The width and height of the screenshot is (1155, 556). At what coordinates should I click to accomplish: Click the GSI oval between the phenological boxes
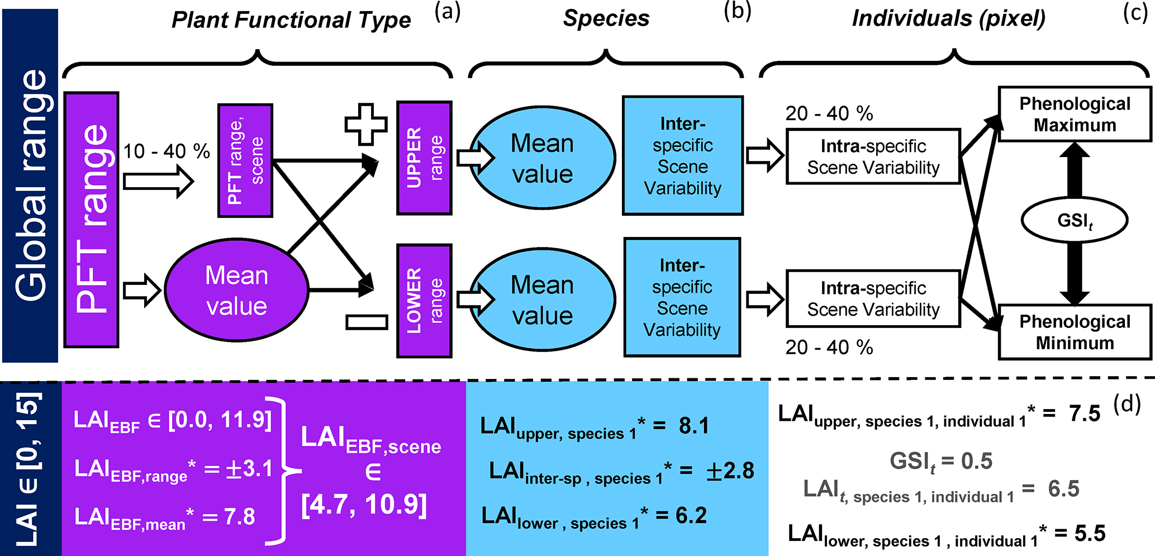pyautogui.click(x=1074, y=220)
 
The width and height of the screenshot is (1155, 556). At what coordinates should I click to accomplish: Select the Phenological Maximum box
pyautogui.click(x=1075, y=114)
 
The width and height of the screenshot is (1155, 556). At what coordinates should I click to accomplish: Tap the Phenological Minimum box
pyautogui.click(x=1075, y=332)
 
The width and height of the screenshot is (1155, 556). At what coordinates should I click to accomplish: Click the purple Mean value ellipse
pyautogui.click(x=236, y=291)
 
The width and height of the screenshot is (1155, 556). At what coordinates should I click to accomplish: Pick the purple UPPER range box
pyautogui.click(x=424, y=158)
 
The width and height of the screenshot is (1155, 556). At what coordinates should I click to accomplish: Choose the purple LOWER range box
pyautogui.click(x=424, y=301)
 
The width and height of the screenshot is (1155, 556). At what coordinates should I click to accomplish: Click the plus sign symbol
pyautogui.click(x=366, y=124)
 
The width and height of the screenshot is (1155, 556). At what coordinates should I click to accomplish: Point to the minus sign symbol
pyautogui.click(x=367, y=322)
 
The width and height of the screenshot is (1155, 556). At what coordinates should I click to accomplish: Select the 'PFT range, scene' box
pyautogui.click(x=245, y=160)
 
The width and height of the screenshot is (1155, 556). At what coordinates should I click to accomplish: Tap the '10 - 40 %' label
pyautogui.click(x=167, y=151)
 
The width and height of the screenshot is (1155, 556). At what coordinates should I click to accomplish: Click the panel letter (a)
pyautogui.click(x=448, y=12)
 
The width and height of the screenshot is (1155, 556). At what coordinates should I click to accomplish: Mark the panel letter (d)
pyautogui.click(x=1127, y=403)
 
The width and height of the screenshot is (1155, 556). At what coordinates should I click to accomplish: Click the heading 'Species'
pyautogui.click(x=606, y=18)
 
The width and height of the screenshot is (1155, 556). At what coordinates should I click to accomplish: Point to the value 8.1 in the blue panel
pyautogui.click(x=694, y=426)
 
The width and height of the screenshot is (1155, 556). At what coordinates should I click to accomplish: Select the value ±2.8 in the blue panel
pyautogui.click(x=730, y=471)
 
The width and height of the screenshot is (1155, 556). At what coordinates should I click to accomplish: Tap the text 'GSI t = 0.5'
pyautogui.click(x=941, y=461)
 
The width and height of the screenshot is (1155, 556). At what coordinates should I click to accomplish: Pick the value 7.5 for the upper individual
pyautogui.click(x=1085, y=414)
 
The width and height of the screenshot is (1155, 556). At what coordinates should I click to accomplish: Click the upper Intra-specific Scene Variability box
pyautogui.click(x=873, y=156)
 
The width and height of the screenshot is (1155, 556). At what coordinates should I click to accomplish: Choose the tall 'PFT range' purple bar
pyautogui.click(x=92, y=220)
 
